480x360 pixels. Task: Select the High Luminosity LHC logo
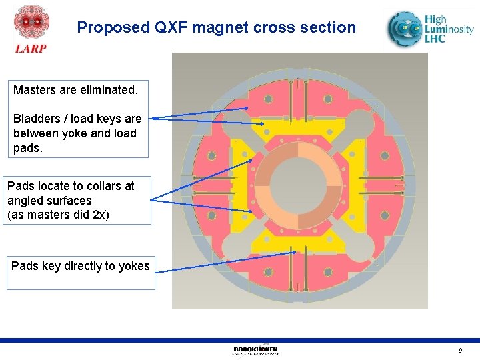coord(431,30)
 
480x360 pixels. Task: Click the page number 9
coord(460,351)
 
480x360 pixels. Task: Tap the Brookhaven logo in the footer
coord(255,350)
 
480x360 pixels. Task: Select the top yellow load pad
coord(300,128)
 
